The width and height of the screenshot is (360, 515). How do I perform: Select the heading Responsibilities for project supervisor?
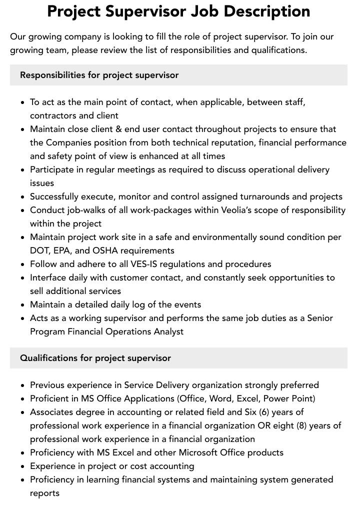[99, 75]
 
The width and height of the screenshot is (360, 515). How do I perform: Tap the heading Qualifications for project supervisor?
[95, 358]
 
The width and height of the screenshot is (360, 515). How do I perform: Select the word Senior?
[320, 318]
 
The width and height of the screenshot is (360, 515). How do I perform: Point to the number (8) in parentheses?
[298, 425]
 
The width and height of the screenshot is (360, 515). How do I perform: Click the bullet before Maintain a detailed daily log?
[22, 305]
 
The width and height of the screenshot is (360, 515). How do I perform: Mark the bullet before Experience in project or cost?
[22, 466]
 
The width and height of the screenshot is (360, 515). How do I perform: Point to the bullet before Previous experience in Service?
[22, 385]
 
